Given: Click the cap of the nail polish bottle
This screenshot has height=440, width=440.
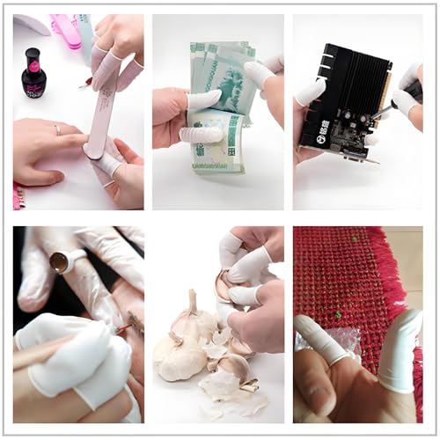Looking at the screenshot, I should tap(33, 59).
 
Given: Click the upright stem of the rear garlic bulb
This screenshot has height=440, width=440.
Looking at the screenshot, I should tap(193, 304).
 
